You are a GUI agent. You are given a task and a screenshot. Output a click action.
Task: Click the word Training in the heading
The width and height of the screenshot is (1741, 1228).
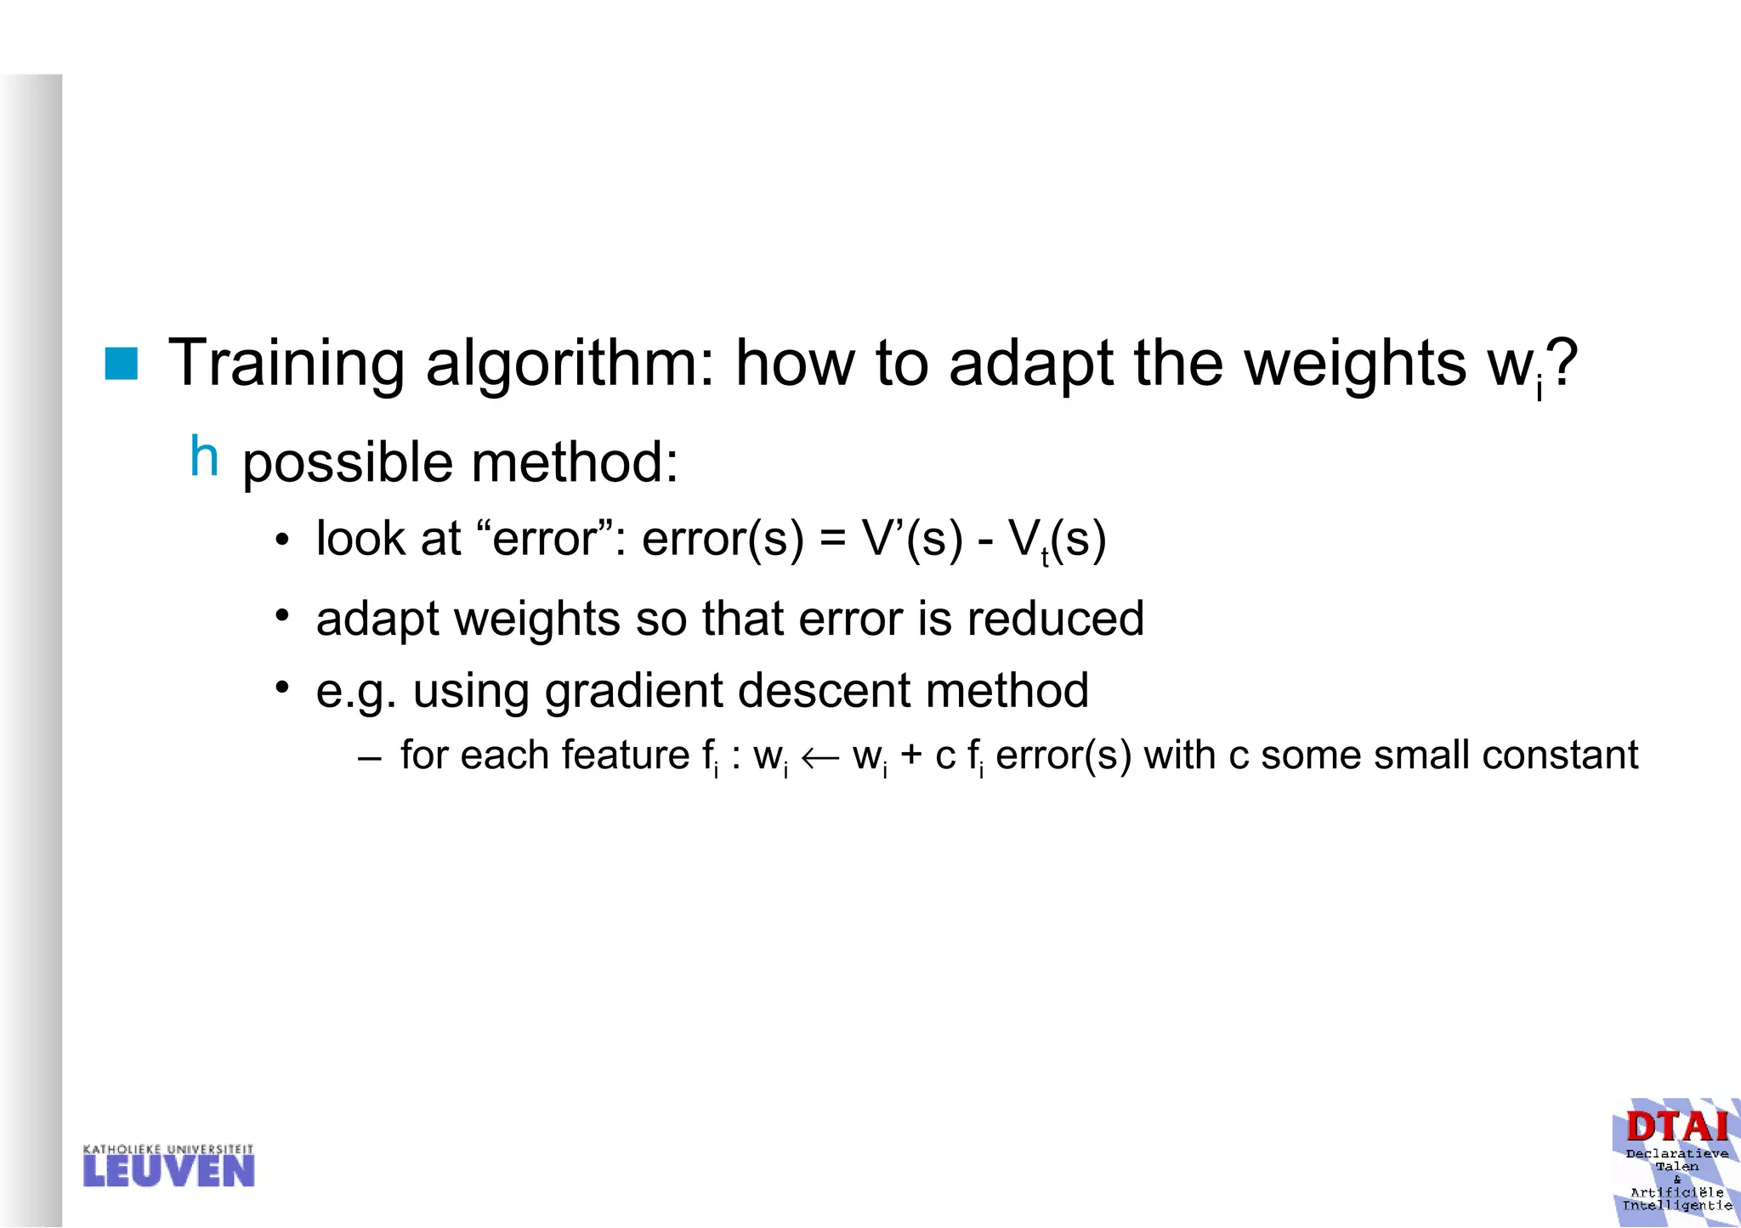point(286,364)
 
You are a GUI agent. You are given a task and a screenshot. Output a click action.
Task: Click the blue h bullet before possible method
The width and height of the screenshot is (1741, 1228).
point(204,456)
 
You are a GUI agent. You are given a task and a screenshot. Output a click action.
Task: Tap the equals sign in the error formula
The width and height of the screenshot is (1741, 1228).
point(833,540)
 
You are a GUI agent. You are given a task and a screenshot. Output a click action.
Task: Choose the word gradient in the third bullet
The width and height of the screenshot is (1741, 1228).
point(634,690)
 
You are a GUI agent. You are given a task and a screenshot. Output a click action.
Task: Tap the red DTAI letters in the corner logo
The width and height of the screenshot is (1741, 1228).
point(1676,1127)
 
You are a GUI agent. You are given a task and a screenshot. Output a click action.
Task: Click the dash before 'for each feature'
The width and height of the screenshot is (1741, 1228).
point(370,757)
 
